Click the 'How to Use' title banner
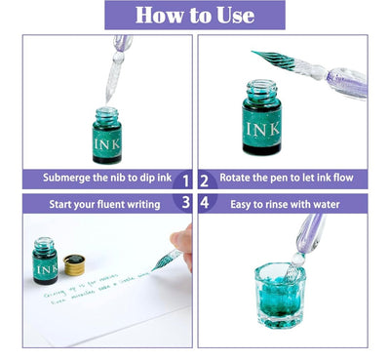[x=195, y=16]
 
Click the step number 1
[x=185, y=180]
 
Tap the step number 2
[x=205, y=180]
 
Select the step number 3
[x=185, y=203]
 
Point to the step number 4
[x=205, y=203]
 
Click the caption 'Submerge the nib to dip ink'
[x=99, y=180]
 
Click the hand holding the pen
[x=181, y=245]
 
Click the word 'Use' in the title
[x=237, y=16]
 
